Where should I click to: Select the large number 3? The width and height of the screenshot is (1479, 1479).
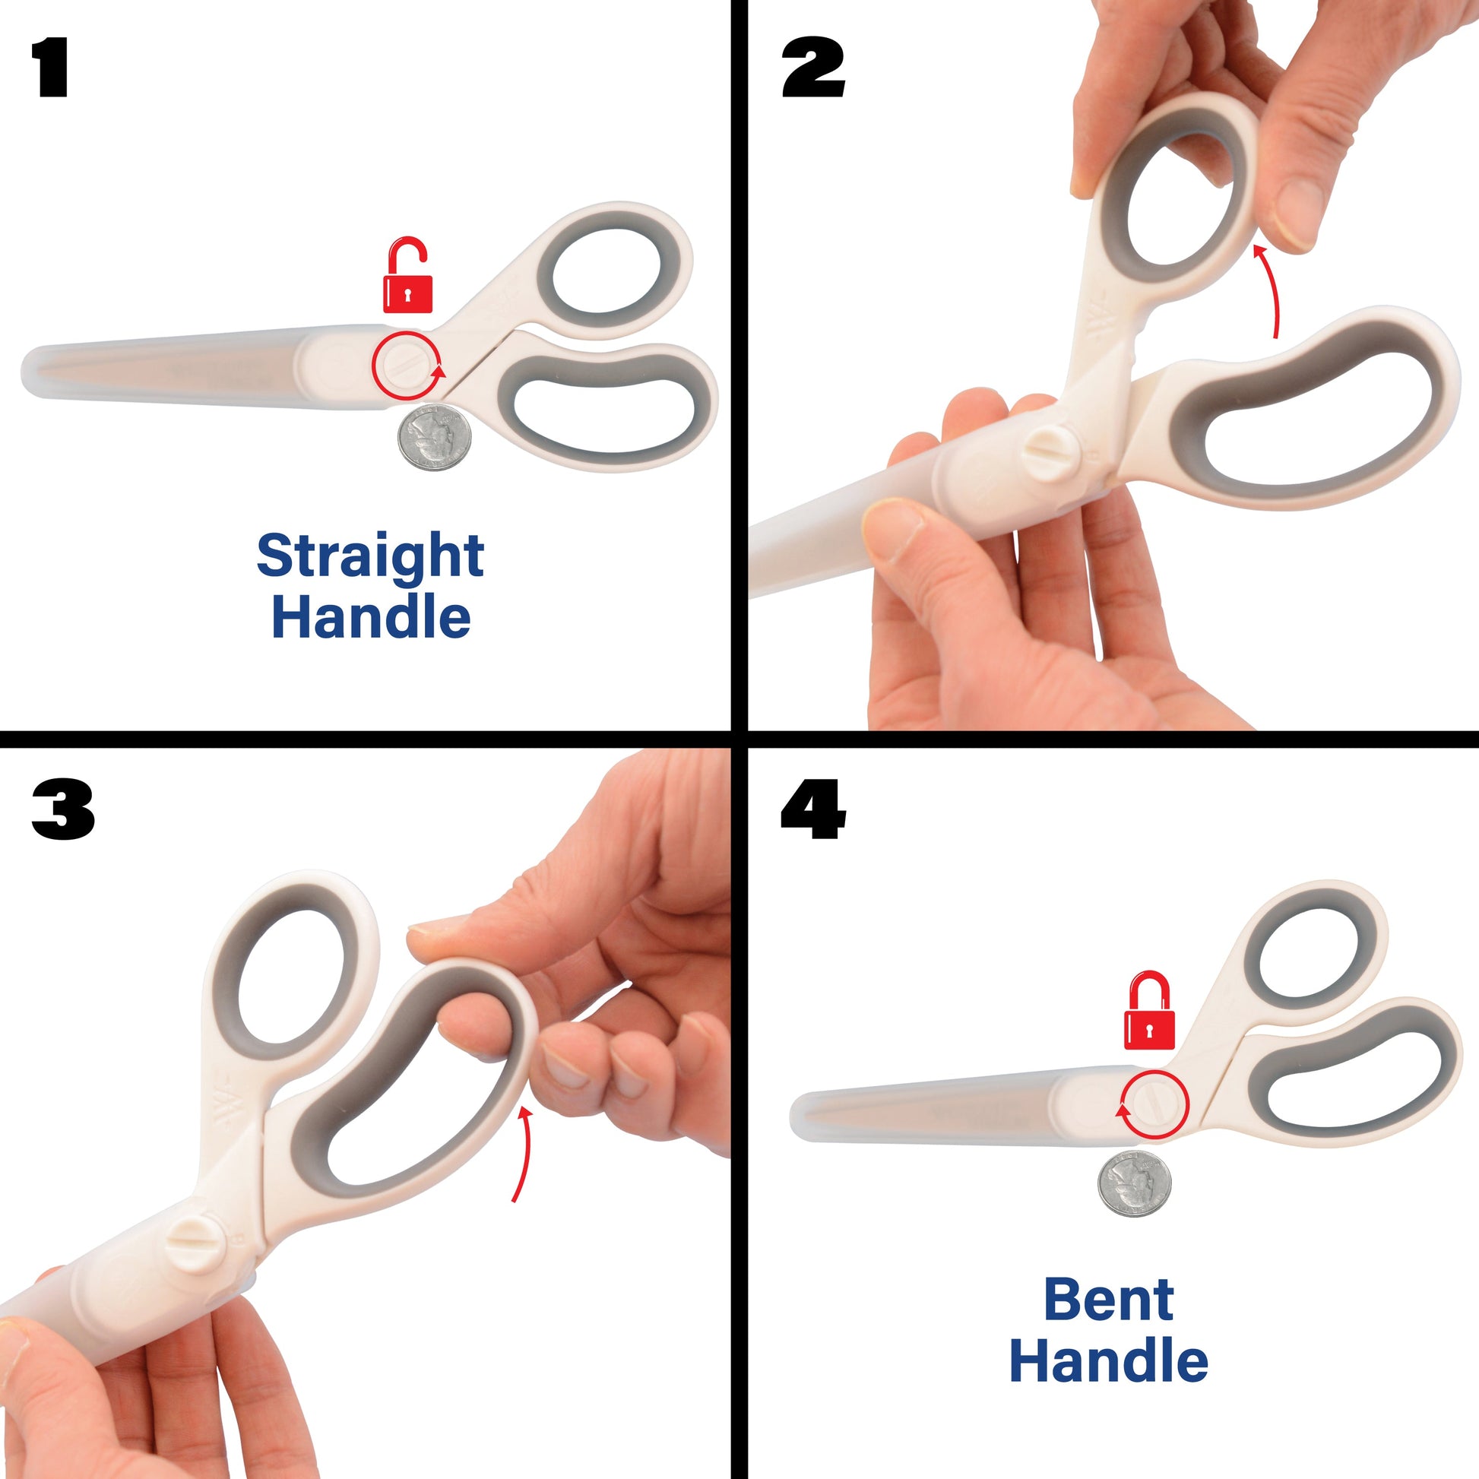[x=63, y=809]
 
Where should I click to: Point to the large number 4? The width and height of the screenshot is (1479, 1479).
[x=813, y=809]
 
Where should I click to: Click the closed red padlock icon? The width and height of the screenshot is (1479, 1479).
[x=1149, y=1012]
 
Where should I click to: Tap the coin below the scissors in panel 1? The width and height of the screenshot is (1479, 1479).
[x=434, y=437]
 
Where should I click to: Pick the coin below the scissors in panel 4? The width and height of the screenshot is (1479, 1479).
[x=1135, y=1183]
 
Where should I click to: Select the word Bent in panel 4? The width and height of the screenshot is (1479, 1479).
[x=1108, y=1300]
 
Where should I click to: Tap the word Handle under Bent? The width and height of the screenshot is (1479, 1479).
[x=1108, y=1362]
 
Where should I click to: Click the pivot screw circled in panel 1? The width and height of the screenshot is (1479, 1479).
[x=407, y=365]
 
